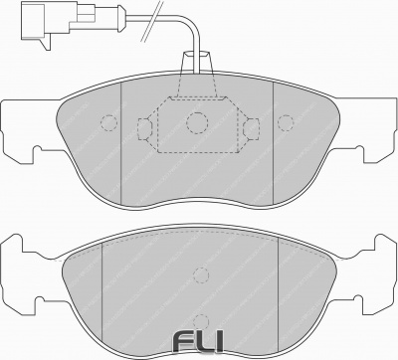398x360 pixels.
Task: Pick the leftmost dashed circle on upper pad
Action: point(108,124)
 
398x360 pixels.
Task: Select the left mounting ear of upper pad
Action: point(22,128)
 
